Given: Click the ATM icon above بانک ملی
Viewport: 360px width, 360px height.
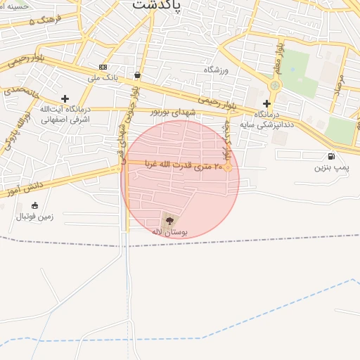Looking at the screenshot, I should pyautogui.click(x=103, y=67).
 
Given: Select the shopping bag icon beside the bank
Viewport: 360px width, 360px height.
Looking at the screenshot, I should pyautogui.click(x=136, y=75).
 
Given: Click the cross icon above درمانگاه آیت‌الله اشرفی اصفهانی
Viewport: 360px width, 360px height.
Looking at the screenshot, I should pyautogui.click(x=65, y=99).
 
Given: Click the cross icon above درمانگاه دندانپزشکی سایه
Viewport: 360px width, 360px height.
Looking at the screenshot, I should pyautogui.click(x=266, y=103).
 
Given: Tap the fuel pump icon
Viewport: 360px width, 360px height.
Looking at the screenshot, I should pyautogui.click(x=331, y=156).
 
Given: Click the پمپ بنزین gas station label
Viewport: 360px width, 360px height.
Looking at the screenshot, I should pyautogui.click(x=331, y=168).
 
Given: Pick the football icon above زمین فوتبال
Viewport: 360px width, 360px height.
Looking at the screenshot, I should pyautogui.click(x=34, y=205).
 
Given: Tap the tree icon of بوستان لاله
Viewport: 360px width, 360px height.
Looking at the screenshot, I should pyautogui.click(x=168, y=220).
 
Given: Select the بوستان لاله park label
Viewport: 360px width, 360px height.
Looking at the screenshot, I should pyautogui.click(x=168, y=231).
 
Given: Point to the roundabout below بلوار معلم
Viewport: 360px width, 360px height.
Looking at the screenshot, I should pyautogui.click(x=274, y=85).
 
